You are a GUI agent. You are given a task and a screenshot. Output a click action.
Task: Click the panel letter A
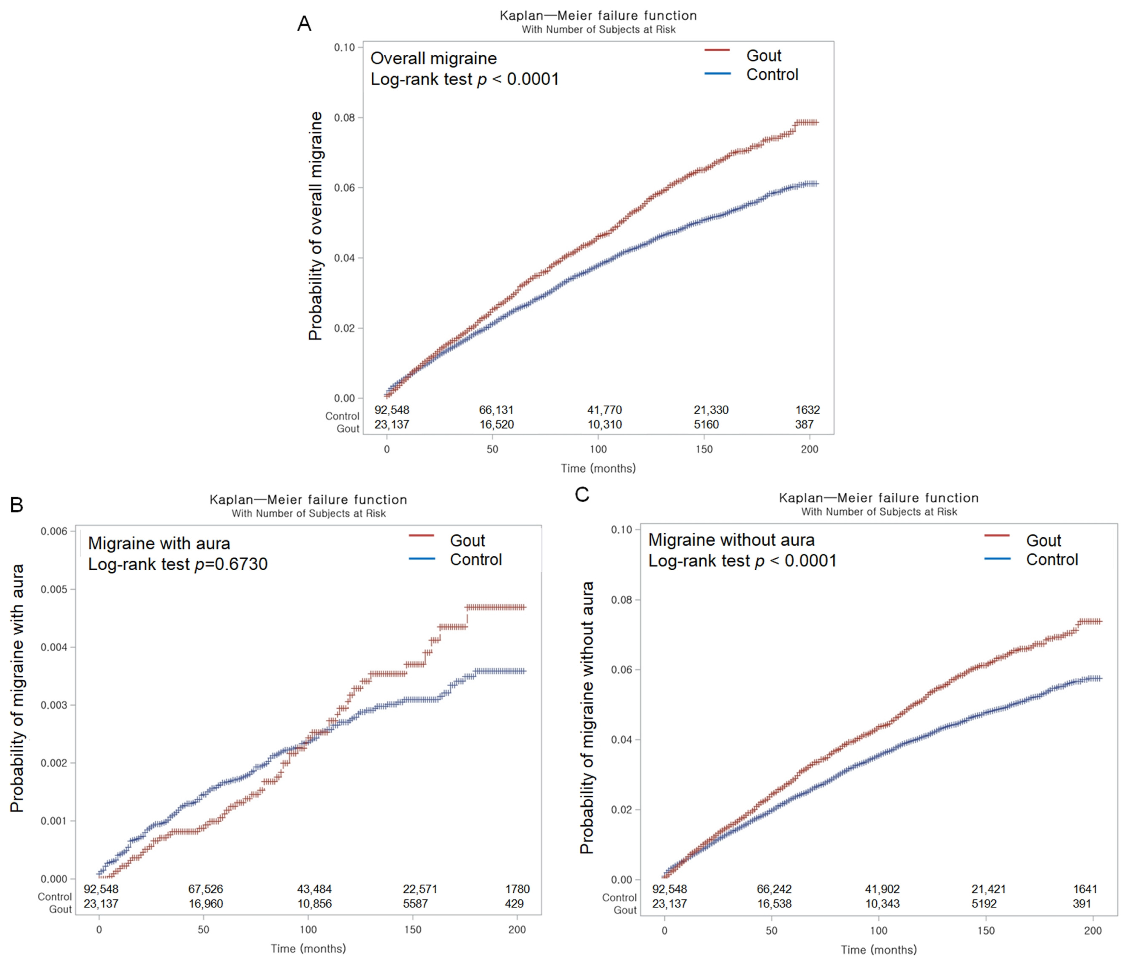(304, 24)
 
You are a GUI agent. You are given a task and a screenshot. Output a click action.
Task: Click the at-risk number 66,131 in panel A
(496, 410)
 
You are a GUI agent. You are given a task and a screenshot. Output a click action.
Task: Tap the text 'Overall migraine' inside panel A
(434, 58)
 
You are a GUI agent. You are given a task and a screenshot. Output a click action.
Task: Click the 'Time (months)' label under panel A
(598, 468)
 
